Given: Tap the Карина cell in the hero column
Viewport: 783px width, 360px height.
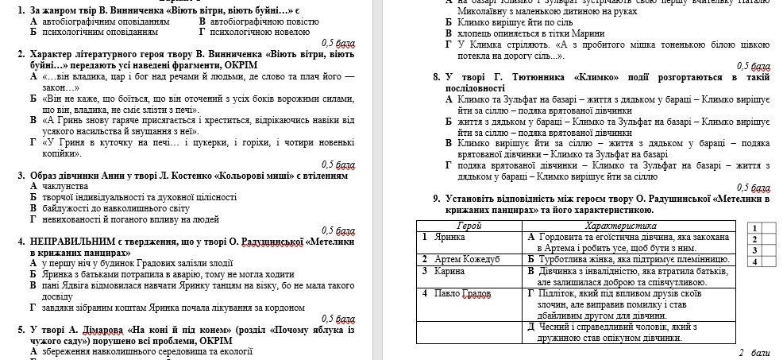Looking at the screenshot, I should coord(448,271).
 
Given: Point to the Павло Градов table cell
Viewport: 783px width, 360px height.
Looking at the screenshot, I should coord(462,293).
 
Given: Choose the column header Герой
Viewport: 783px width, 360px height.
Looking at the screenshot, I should coord(471,226).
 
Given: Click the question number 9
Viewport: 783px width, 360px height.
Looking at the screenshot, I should coord(436,199).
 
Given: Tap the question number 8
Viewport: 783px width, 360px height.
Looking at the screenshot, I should coord(436,78).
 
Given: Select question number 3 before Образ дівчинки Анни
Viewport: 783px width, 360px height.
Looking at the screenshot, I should coord(20,175).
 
